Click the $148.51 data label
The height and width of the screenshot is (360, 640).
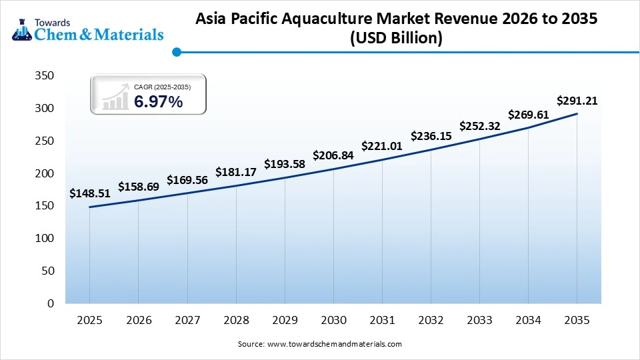pos(89,194)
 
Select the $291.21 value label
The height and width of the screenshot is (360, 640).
pos(577,101)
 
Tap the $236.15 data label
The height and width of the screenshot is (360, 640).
pos(431,136)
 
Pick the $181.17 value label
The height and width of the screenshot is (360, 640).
pos(235,172)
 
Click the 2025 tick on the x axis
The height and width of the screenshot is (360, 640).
pos(89,321)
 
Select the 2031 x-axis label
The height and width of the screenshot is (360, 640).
pos(382,321)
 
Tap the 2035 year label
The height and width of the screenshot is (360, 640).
pos(577,321)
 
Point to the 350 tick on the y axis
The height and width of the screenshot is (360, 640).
pos(44,76)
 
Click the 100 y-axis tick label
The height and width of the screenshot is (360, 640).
pos(44,239)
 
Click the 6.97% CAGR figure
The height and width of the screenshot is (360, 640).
pos(158,101)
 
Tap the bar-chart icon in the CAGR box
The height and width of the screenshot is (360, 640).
pos(115,97)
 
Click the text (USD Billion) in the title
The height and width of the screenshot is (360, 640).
pos(396,39)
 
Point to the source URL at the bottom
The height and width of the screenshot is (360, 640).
pos(334,344)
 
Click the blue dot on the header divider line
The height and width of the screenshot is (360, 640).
pos(177,52)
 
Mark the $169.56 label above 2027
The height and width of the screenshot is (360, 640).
pos(187,179)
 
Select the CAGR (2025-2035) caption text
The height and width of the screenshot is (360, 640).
pos(162,87)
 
